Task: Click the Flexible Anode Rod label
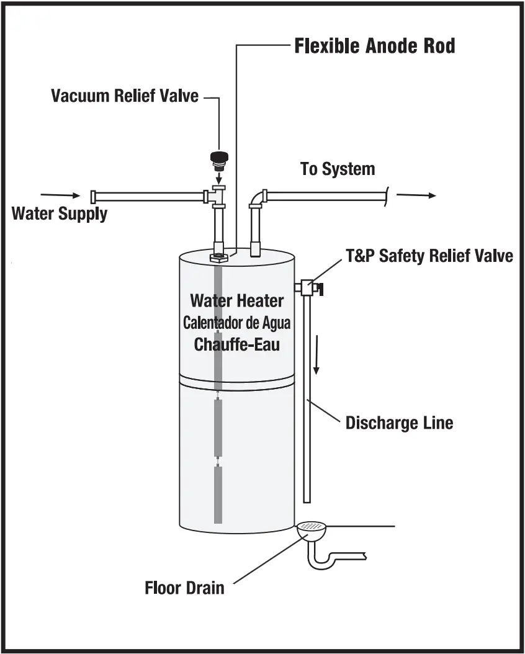click(375, 46)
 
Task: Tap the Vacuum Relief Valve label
click(125, 96)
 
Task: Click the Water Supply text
click(60, 214)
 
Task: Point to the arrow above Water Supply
click(68, 195)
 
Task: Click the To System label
click(338, 169)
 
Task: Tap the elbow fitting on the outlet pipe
click(258, 199)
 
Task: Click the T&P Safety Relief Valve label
click(429, 256)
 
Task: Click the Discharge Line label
click(399, 423)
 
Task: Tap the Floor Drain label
click(184, 587)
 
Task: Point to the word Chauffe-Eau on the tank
click(236, 344)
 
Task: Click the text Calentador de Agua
click(236, 323)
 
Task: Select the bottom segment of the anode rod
click(218, 494)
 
